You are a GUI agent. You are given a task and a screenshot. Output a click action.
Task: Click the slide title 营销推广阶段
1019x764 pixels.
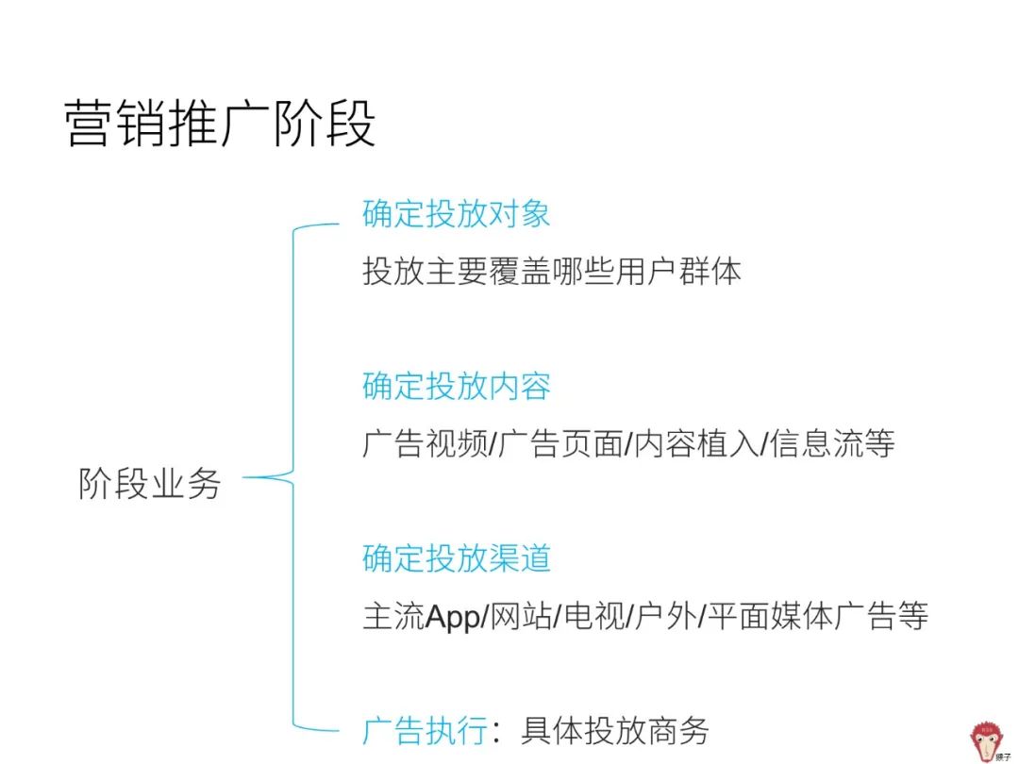coord(220,123)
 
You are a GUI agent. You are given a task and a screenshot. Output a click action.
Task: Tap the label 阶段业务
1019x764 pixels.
coord(149,483)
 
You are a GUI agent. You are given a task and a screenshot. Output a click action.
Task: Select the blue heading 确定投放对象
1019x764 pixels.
coord(457,214)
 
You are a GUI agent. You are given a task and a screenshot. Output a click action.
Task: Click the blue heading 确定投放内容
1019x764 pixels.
coord(457,386)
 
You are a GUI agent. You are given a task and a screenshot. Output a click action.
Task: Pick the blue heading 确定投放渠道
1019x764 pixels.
coord(457,558)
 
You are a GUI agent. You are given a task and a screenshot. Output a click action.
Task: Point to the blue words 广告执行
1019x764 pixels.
coord(425,730)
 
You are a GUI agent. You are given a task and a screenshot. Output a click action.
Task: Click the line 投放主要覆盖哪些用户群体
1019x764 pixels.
coord(552,271)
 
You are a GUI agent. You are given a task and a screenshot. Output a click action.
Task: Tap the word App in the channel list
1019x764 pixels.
coord(453,617)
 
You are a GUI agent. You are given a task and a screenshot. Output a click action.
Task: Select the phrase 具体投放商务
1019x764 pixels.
coord(615,730)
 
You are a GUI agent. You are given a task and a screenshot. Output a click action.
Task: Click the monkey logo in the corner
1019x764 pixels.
coord(988,741)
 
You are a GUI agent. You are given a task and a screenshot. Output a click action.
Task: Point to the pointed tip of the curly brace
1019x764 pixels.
coord(244,477)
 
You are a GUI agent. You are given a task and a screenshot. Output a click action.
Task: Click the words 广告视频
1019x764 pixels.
coord(425,443)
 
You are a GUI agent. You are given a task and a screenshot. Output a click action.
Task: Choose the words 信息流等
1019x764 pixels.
coord(832,443)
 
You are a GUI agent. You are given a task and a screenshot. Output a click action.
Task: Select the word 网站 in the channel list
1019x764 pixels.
coord(521,615)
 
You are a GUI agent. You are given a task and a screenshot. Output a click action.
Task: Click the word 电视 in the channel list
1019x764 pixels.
coord(594,615)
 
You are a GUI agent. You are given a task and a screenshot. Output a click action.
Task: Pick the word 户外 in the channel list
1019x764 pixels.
coord(666,615)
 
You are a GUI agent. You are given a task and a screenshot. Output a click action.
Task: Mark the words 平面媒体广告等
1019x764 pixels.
coord(817,615)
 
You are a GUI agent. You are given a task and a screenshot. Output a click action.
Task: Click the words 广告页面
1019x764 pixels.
coord(560,443)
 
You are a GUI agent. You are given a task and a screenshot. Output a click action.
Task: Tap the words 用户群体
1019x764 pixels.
coord(678,271)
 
